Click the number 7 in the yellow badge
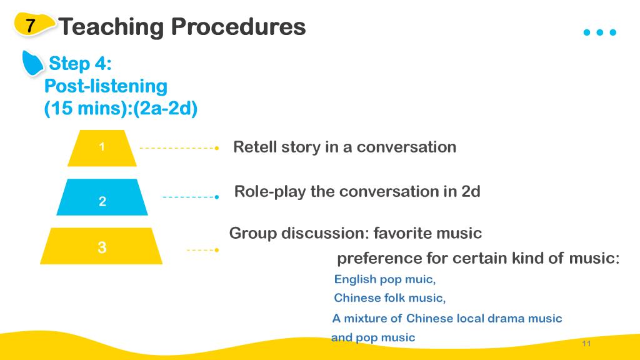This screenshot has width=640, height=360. click(x=30, y=25)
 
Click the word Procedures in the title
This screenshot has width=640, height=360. click(x=238, y=27)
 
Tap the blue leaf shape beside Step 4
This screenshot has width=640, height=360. click(x=32, y=63)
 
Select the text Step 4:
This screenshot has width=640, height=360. click(x=80, y=63)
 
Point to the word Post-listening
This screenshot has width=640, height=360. click(x=106, y=86)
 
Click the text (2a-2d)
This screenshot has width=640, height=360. click(x=165, y=109)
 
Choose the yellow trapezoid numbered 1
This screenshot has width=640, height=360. click(x=102, y=147)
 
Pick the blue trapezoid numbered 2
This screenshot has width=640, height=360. click(x=102, y=197)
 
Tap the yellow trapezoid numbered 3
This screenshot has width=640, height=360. click(x=101, y=246)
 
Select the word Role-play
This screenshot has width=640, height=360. click(x=270, y=192)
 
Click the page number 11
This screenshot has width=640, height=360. click(x=586, y=343)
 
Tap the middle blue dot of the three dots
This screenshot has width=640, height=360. click(x=599, y=32)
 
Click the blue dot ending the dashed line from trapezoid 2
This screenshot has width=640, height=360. click(x=217, y=197)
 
